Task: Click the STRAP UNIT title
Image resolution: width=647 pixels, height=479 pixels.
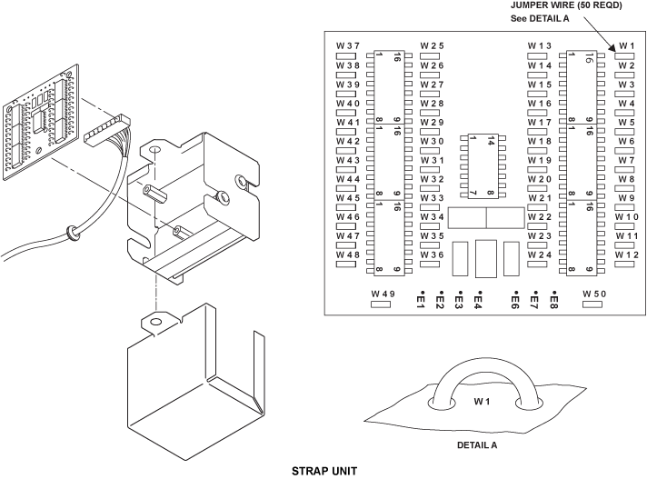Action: tap(323, 472)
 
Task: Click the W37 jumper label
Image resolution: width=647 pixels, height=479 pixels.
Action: tap(348, 46)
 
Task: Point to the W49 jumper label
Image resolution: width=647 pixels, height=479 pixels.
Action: tap(383, 294)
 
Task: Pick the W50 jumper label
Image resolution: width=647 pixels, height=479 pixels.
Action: tap(593, 294)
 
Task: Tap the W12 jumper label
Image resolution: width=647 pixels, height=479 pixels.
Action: tap(626, 255)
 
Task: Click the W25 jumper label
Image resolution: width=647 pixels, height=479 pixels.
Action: tap(432, 46)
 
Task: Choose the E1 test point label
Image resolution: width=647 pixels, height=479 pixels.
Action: tap(421, 301)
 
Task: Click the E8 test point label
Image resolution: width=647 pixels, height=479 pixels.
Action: tap(552, 301)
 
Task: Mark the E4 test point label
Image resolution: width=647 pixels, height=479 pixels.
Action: tap(478, 301)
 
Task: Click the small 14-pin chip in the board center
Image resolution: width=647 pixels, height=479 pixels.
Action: tap(477, 165)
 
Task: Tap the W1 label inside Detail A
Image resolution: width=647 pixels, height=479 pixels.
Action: tap(482, 400)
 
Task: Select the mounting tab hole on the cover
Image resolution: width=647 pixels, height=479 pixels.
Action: tap(155, 322)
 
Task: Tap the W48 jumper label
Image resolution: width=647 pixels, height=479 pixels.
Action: tap(348, 255)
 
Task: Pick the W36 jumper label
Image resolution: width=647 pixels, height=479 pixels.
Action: tap(432, 255)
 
